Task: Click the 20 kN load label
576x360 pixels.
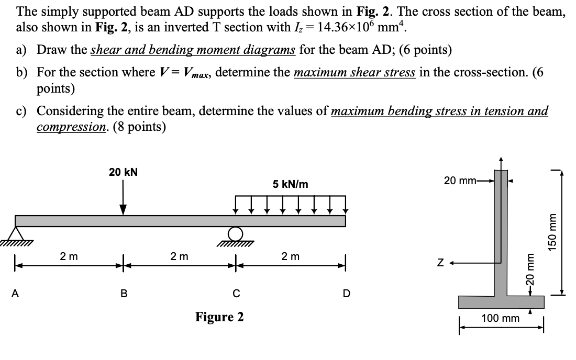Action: click(123, 172)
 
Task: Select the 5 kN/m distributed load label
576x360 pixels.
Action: click(291, 184)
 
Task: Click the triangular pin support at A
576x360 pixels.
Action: click(17, 234)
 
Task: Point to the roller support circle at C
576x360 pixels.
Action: click(236, 233)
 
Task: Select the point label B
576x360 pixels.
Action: click(124, 293)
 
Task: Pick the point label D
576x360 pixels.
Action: click(346, 293)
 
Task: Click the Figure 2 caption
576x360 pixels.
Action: click(219, 317)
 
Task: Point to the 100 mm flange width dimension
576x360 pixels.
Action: click(501, 318)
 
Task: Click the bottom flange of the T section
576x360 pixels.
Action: click(501, 302)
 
